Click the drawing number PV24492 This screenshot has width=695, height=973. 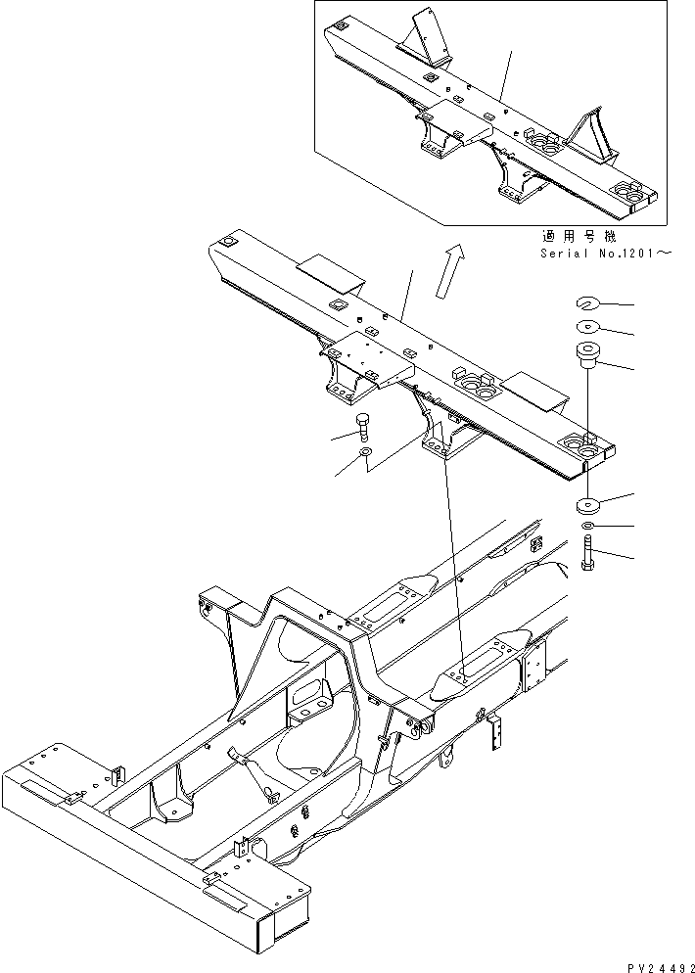point(652,963)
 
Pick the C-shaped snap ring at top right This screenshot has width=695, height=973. point(589,302)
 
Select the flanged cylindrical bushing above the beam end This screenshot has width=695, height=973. point(589,354)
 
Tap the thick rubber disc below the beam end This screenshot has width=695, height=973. point(588,507)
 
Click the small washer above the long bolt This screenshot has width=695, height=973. point(587,529)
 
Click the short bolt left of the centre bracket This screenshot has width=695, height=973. point(364,428)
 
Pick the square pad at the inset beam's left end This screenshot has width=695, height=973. point(342,27)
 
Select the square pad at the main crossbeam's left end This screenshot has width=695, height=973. point(228,242)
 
